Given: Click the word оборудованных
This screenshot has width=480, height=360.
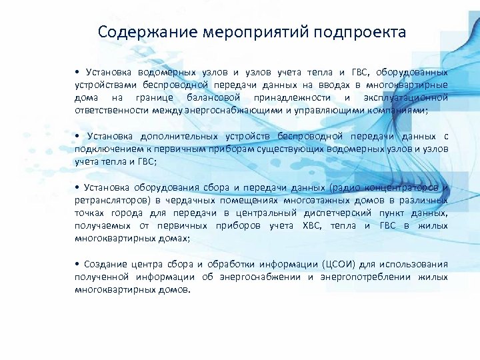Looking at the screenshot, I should (x=411, y=72).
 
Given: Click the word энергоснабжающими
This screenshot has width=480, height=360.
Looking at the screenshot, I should (x=213, y=109).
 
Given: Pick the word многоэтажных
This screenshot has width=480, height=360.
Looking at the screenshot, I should (x=314, y=199).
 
